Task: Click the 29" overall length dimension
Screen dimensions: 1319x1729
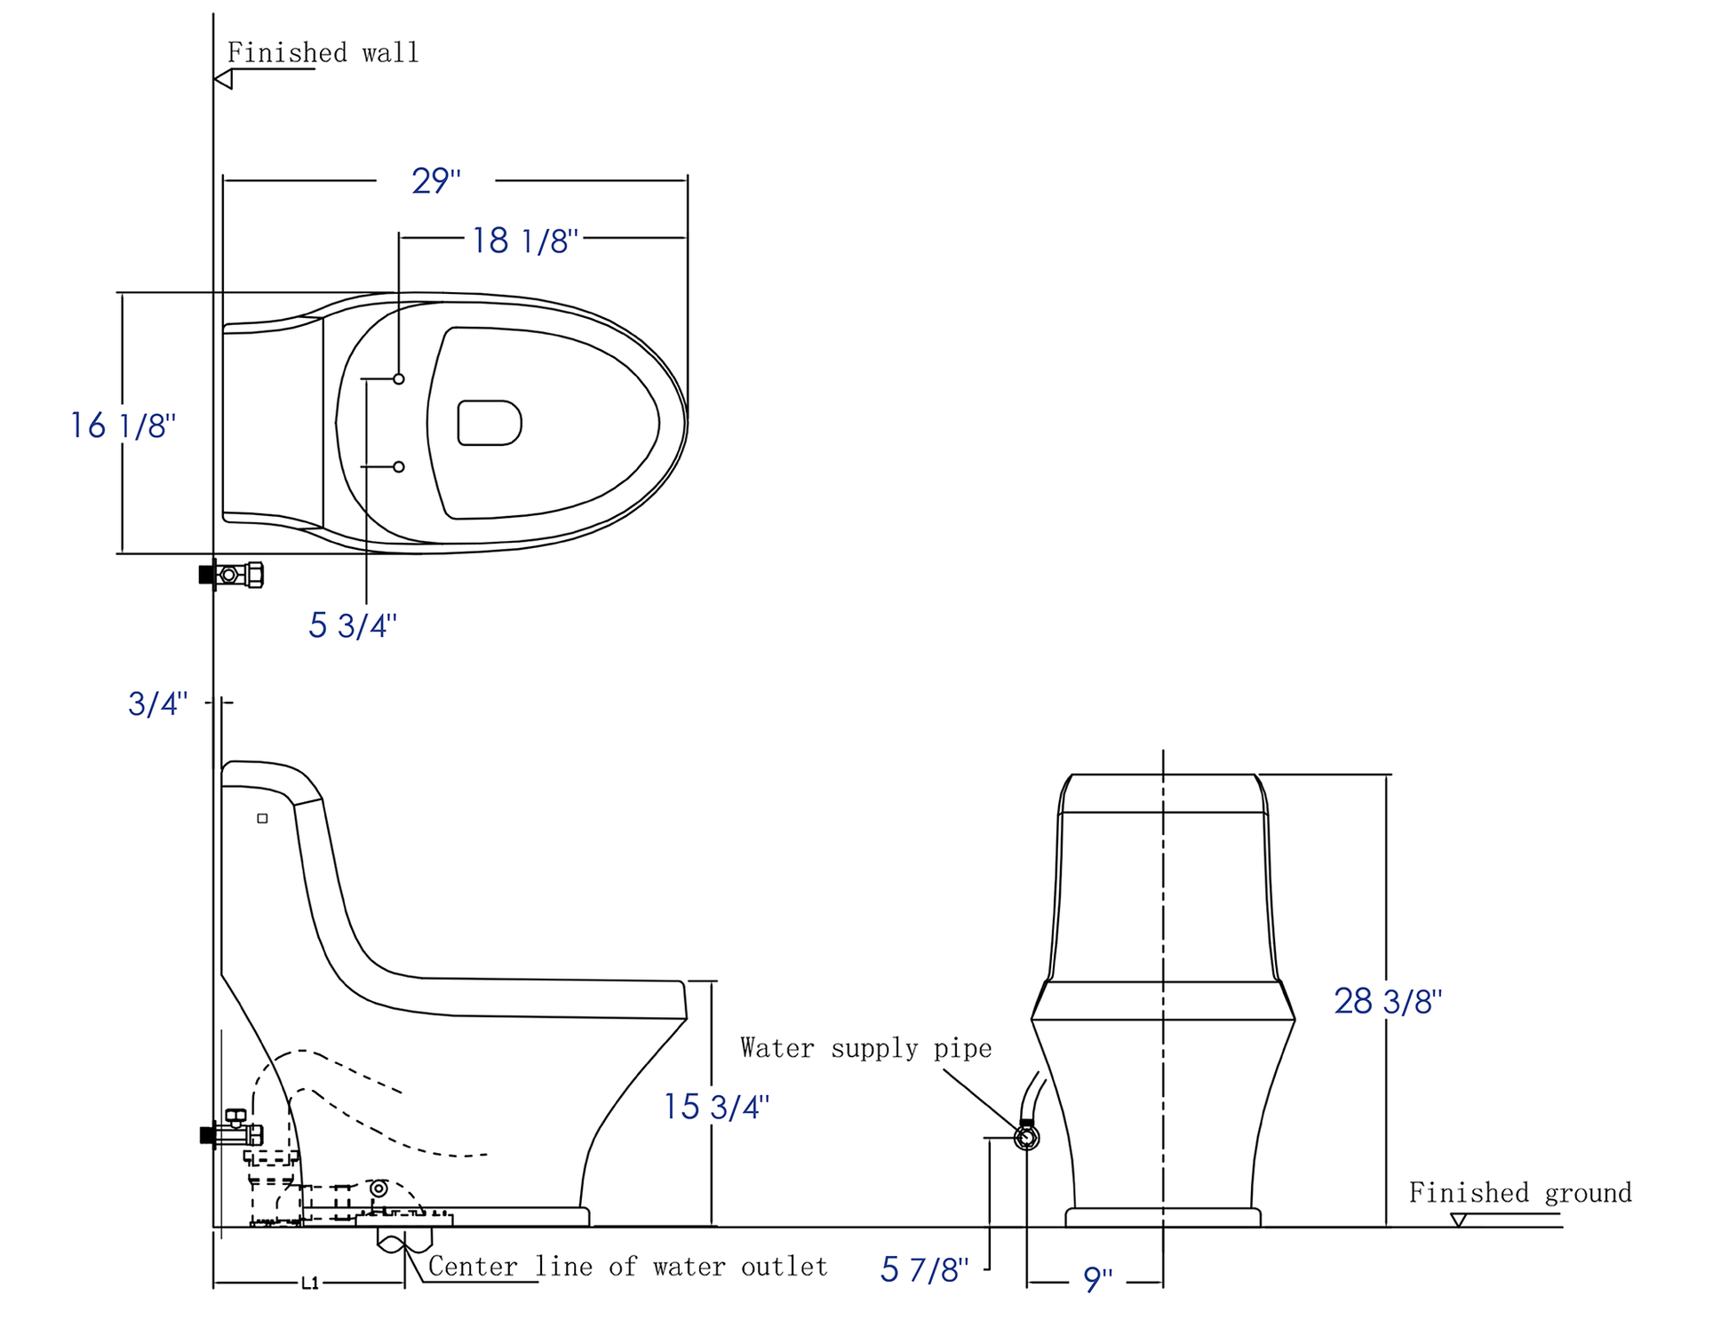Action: (x=435, y=181)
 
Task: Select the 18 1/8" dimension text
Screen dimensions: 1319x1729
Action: (x=524, y=241)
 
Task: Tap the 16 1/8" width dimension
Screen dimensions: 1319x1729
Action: (x=123, y=425)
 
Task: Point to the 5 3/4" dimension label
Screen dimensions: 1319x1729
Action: (x=352, y=625)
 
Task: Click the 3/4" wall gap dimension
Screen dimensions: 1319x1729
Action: (x=157, y=703)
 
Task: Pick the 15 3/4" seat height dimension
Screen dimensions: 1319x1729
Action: (x=716, y=1107)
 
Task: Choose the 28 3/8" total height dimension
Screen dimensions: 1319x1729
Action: (x=1387, y=1001)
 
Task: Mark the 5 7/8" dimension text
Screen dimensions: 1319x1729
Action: (x=923, y=1270)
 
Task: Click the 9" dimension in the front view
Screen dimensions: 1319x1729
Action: (x=1097, y=1280)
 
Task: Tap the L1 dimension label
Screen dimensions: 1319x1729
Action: (x=309, y=1283)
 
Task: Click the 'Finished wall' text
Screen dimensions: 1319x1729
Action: (x=323, y=53)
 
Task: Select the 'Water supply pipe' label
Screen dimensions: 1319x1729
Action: (x=865, y=1048)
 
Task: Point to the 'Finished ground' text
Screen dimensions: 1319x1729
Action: (x=1519, y=1192)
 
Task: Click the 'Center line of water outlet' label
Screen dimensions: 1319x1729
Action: (x=627, y=1267)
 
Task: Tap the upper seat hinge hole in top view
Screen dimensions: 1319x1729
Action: (x=399, y=379)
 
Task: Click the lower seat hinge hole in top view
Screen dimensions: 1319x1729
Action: (x=399, y=467)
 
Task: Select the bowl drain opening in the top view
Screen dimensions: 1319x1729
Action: (x=489, y=423)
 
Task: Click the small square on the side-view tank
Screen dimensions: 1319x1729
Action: (x=262, y=818)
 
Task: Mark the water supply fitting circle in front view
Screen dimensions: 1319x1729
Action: (x=1026, y=1137)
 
